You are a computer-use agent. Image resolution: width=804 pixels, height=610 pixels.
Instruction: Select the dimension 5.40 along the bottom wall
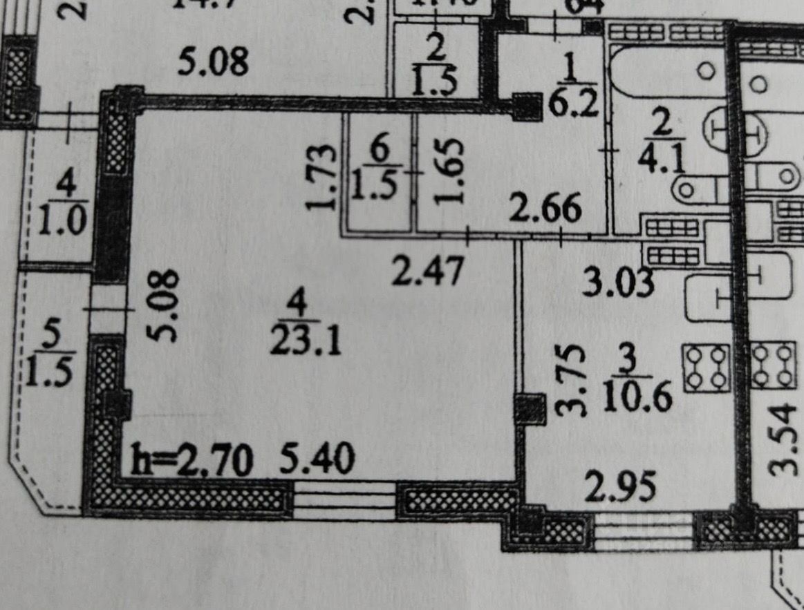click(318, 459)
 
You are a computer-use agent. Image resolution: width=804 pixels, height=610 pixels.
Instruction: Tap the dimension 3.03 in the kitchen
click(617, 282)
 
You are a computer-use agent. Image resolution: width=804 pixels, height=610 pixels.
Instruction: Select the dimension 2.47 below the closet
click(427, 271)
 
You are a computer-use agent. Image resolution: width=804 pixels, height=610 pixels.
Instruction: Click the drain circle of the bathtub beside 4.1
click(707, 70)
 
